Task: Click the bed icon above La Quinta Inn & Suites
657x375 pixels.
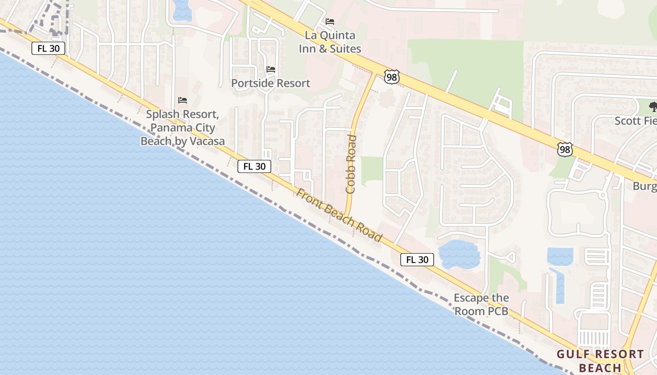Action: coord(330,22)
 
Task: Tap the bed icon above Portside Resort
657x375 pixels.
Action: coord(271,69)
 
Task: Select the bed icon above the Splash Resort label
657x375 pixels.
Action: coord(183,100)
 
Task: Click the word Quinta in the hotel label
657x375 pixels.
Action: coord(330,36)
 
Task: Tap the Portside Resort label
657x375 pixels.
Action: coord(271,83)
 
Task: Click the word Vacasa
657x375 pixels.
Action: coord(203,141)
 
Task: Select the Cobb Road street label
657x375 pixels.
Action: coord(351,164)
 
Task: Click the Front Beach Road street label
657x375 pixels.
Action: coord(339,215)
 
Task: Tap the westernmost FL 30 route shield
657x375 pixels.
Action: coord(48,48)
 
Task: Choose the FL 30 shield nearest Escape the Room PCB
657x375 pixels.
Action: coord(417,260)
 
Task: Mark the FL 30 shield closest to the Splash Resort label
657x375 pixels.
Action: coord(254,166)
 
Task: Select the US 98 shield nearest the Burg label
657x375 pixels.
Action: coord(565,150)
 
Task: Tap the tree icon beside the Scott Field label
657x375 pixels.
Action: coord(653,106)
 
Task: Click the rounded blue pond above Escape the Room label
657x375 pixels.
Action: coord(458,254)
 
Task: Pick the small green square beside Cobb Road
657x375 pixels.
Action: coord(372,168)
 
